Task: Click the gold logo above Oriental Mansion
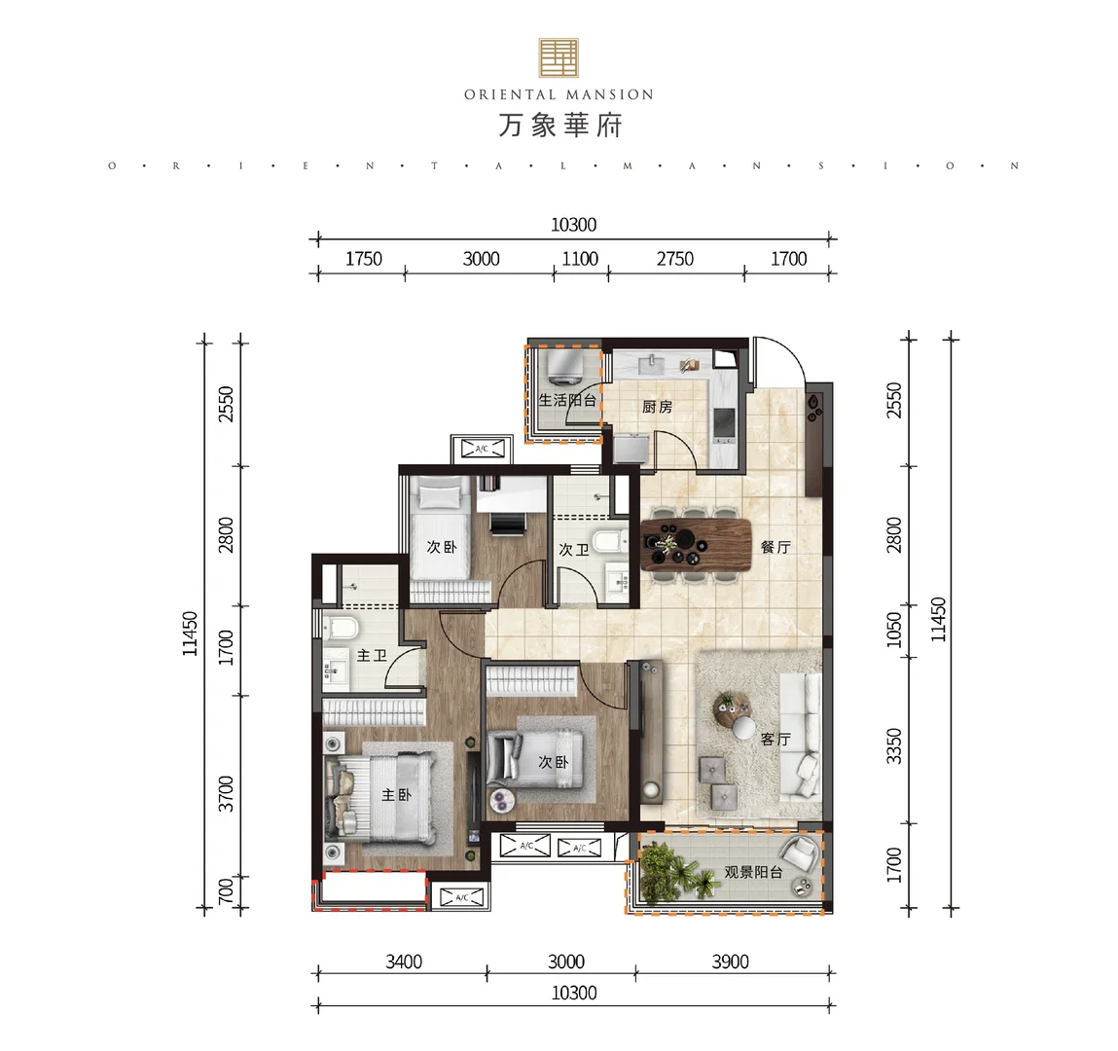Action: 559,57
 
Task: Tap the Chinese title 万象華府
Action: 559,126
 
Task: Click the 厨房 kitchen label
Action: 657,407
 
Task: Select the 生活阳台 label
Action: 567,400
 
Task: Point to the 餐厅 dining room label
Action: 775,547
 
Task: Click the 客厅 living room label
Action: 775,739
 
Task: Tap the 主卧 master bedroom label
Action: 396,794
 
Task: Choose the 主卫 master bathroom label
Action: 372,655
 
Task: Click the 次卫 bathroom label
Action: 574,550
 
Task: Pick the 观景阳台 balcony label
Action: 754,871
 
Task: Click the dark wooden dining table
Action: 696,545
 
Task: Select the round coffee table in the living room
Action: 734,711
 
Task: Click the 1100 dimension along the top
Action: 580,259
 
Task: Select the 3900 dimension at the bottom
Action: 730,961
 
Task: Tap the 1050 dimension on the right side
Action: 893,630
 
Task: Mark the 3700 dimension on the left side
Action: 226,793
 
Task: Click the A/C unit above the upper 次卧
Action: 482,449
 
